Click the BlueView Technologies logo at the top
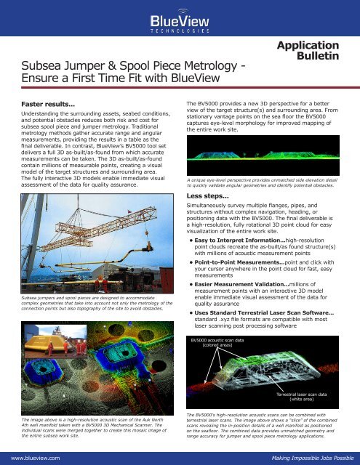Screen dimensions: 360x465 [x=180, y=22]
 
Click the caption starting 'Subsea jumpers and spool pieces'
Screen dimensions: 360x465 [x=91, y=303]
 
